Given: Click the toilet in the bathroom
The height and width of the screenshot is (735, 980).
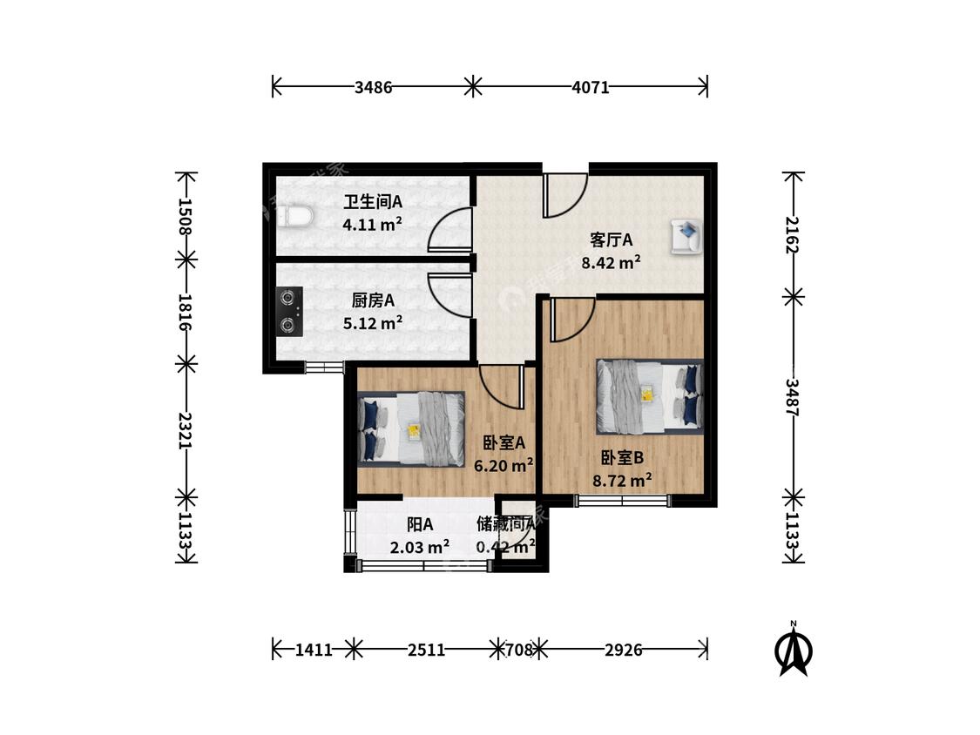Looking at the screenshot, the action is pos(294,217).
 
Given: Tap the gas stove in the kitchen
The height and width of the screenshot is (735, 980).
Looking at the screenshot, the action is pos(289,311).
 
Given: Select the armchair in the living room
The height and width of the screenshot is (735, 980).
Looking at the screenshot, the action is pos(686,236).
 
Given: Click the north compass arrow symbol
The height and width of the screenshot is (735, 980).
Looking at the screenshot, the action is pos(794,650).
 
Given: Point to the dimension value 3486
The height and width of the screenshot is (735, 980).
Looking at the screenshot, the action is pos(373,87).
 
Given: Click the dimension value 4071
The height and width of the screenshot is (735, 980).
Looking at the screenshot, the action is pos(590,87).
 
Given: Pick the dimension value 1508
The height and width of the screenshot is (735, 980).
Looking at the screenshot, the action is pos(186,216).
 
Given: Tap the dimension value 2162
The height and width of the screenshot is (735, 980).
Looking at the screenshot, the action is pos(793,234).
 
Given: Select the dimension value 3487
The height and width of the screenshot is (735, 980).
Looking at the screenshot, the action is pos(793,397).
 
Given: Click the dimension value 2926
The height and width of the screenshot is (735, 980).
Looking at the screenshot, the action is pos(623,650).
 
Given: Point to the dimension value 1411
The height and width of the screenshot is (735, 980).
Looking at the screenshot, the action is pos(314,650).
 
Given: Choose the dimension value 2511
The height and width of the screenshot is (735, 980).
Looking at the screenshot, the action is pos(426,650).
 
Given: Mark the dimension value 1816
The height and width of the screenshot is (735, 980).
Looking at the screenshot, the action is pos(186,312).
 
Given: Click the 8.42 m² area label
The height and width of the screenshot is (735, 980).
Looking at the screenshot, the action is pos(611,262).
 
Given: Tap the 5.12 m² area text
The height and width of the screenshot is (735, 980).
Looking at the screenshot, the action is pos(373,322).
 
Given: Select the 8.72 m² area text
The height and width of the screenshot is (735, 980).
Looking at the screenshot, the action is pos(623,480).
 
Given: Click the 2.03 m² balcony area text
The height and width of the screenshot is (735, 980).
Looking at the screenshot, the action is pos(419,547).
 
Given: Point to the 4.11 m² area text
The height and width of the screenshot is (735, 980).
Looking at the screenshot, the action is pos(373,224).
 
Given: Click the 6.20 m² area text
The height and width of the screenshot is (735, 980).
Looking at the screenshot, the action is pos(504,465).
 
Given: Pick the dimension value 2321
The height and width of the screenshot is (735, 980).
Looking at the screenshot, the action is pos(186,430).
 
